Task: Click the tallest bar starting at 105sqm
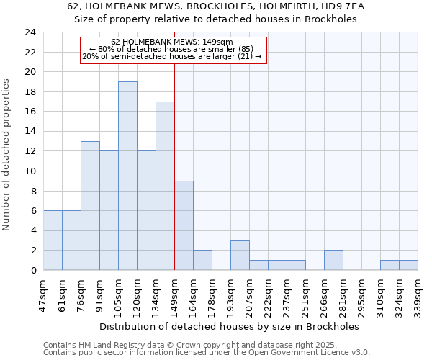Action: pyautogui.click(x=127, y=176)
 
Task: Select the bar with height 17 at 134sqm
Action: pyautogui.click(x=165, y=186)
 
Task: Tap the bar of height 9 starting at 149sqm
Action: pyautogui.click(x=184, y=225)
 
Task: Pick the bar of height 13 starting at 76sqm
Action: pyautogui.click(x=90, y=206)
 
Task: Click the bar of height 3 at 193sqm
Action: pyautogui.click(x=240, y=256)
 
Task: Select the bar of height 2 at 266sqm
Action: pyautogui.click(x=333, y=260)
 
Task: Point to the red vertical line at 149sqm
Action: pyautogui.click(x=175, y=166)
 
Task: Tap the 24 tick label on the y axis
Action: pyautogui.click(x=30, y=32)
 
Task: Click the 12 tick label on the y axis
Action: pyautogui.click(x=30, y=151)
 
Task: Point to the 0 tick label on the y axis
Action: pyautogui.click(x=33, y=270)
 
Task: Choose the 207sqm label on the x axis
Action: pyautogui.click(x=249, y=296)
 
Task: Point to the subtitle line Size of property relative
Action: pyautogui.click(x=216, y=19)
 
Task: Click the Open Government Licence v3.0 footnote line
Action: pyautogui.click(x=207, y=352)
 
